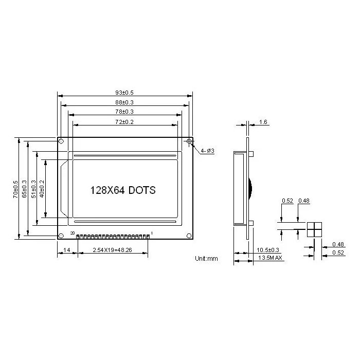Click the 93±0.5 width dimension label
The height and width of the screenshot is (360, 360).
(124, 93)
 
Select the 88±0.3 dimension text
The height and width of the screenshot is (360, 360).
(124, 102)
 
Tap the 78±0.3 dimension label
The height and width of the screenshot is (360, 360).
(124, 112)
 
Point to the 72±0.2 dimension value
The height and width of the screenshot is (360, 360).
(124, 122)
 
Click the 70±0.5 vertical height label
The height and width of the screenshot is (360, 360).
(15, 189)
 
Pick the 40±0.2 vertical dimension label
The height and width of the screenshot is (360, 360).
(42, 189)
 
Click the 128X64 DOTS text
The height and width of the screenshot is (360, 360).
(123, 190)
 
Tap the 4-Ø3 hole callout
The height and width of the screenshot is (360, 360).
(207, 151)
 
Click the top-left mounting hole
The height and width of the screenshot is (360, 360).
(61, 141)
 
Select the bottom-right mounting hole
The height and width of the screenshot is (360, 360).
(189, 236)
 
